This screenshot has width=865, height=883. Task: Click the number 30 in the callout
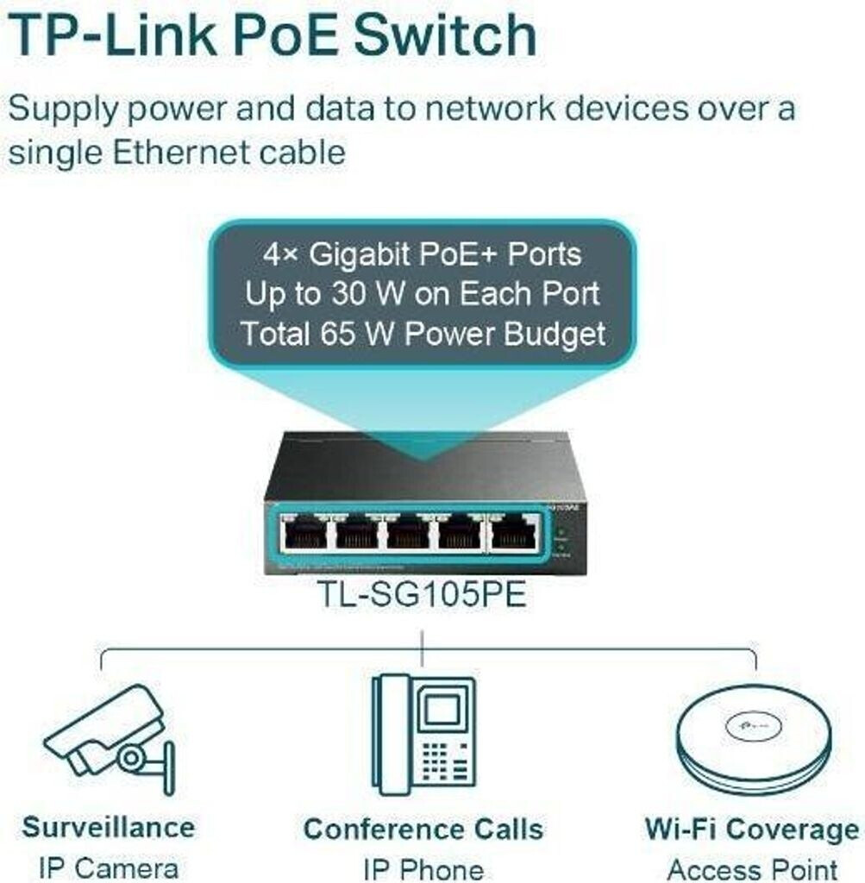tap(349, 293)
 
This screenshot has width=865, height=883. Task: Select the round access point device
tap(753, 742)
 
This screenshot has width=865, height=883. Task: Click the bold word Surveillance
tap(109, 828)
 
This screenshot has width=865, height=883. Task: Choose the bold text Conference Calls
tap(423, 830)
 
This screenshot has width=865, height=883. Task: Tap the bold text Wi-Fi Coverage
tap(752, 830)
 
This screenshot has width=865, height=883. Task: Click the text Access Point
tap(752, 868)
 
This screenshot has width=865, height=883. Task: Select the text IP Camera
tap(109, 867)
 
